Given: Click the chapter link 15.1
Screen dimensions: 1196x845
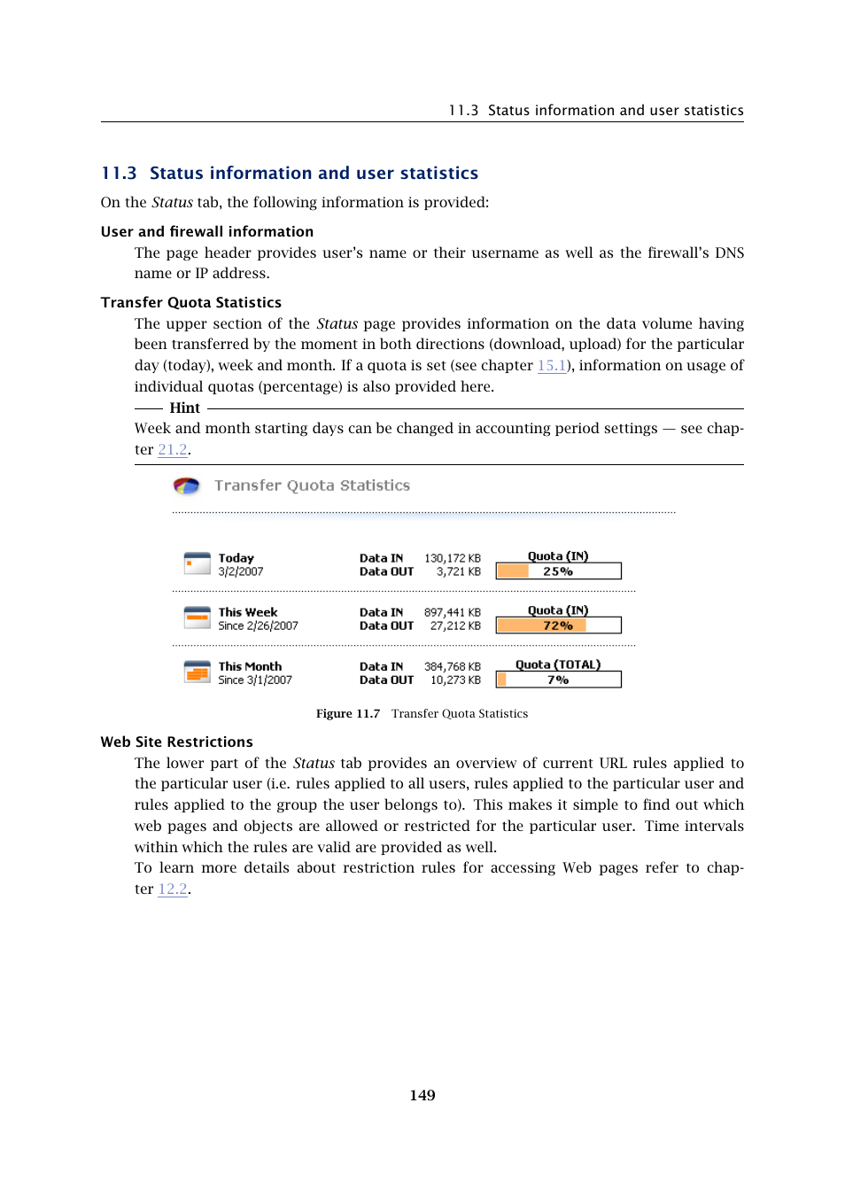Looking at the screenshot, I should coord(552,366).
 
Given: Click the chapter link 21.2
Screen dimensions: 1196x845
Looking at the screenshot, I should coord(173,450).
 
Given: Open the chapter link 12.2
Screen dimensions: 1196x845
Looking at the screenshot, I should coord(173,889).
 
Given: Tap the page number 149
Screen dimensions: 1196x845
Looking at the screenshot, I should coord(422,1096).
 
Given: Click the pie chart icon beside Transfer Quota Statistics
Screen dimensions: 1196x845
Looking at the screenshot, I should coord(186,485).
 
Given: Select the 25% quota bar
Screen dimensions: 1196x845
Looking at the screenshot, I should coord(558,571).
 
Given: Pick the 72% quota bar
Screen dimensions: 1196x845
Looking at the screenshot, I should coord(558,625).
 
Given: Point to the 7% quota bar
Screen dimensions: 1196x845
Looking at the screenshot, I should coord(558,680).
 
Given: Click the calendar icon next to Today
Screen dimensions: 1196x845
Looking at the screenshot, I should coord(197,563).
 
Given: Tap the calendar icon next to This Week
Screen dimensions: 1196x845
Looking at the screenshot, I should coord(197,617).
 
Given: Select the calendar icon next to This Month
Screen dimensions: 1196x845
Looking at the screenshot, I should coord(197,672).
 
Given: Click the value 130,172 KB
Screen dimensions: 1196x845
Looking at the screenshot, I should coord(452,559).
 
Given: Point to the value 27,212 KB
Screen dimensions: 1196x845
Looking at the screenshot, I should coord(455,626).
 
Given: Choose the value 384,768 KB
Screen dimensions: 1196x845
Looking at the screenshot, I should coord(452,667).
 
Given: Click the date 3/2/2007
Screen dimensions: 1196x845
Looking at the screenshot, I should coord(241,572).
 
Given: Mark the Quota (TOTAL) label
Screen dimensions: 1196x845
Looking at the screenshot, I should coord(558,665).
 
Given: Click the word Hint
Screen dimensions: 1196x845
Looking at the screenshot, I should coord(184,408).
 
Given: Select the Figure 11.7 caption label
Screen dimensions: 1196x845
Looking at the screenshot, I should coord(348,714).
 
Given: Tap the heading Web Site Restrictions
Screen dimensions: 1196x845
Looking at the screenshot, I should coord(176,742).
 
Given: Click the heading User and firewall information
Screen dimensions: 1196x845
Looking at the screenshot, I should coord(206,232).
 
